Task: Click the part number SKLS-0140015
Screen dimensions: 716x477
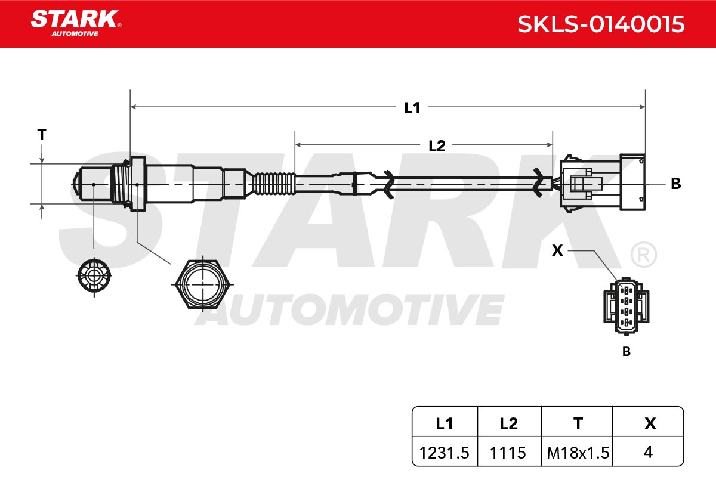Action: click(x=601, y=24)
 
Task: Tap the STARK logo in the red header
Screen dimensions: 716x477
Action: click(x=76, y=23)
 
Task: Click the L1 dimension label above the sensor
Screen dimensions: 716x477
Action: click(x=412, y=108)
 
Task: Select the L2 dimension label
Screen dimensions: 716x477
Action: click(x=437, y=146)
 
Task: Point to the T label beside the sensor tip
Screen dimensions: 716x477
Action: click(x=42, y=135)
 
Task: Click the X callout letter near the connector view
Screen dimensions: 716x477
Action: click(x=557, y=250)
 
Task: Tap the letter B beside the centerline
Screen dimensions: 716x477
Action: click(x=675, y=184)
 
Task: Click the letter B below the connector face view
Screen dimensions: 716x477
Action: click(x=626, y=351)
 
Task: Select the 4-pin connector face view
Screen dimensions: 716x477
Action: click(x=626, y=306)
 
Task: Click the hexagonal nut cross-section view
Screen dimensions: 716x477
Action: click(x=203, y=284)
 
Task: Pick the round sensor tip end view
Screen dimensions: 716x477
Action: click(x=94, y=275)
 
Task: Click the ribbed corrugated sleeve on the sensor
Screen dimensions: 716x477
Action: click(x=274, y=184)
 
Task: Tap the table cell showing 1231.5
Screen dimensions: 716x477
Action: click(x=444, y=453)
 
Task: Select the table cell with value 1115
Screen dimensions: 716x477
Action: click(x=508, y=453)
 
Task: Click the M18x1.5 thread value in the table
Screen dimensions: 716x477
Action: click(x=578, y=453)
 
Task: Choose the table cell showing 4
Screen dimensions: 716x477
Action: click(x=648, y=452)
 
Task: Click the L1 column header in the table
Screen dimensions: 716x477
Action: click(x=445, y=424)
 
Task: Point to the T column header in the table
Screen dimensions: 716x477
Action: click(x=578, y=424)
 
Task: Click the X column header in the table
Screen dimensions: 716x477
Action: click(x=650, y=424)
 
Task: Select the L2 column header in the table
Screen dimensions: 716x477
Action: click(x=508, y=424)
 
